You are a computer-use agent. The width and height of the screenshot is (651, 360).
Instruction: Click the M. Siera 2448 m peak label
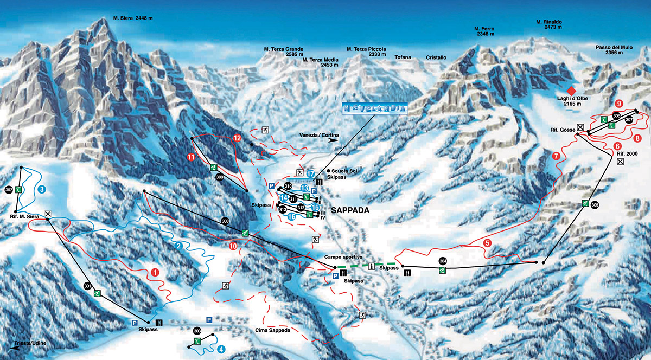133,17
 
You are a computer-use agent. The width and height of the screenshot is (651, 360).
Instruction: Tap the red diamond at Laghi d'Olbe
570,90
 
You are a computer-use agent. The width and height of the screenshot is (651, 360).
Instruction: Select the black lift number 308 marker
225,221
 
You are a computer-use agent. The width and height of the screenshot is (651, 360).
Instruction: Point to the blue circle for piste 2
178,245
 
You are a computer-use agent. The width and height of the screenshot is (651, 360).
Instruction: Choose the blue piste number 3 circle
42,190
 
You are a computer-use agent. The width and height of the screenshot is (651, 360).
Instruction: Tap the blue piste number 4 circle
221,350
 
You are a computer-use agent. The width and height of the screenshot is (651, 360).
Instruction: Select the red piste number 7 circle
556,156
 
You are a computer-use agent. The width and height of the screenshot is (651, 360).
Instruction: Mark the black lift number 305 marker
595,205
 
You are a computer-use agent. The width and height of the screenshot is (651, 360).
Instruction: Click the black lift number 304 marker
443,260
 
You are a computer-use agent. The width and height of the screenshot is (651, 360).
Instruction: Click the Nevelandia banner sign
374,108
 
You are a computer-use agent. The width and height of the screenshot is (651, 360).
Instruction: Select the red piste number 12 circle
237,138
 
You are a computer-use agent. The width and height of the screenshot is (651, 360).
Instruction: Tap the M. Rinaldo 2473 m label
548,25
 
